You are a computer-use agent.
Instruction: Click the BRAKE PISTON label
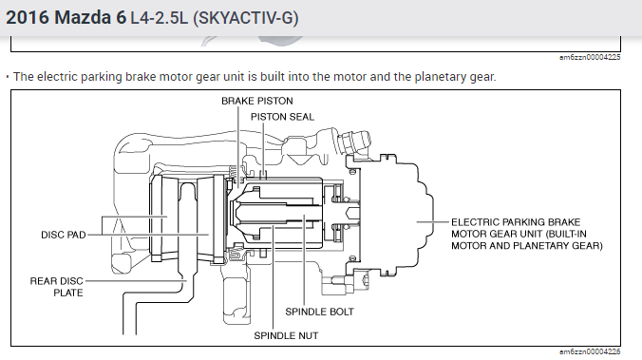tap(257, 101)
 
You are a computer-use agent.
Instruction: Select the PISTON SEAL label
tap(282, 117)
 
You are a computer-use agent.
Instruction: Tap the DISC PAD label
tap(64, 235)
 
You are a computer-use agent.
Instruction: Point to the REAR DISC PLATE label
tap(56, 287)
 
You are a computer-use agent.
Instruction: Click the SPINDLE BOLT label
tap(319, 312)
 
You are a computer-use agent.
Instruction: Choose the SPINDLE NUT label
tap(286, 336)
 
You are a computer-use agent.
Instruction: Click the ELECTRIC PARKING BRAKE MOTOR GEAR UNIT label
tap(527, 234)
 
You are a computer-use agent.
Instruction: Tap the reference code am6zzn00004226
tap(590, 351)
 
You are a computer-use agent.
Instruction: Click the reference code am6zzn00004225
tap(590, 57)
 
